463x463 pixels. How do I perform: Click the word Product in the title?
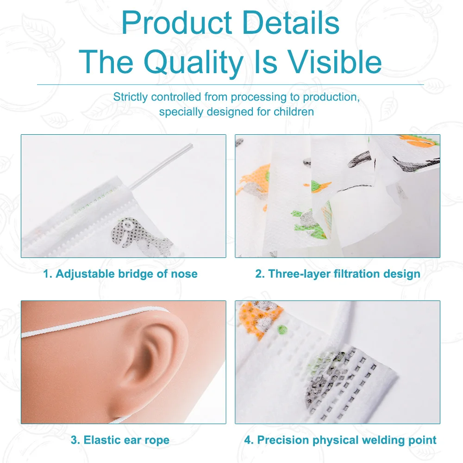pyautogui.click(x=177, y=23)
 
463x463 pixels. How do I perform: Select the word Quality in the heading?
pyautogui.click(x=194, y=63)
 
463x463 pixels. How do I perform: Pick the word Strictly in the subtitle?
pyautogui.click(x=130, y=97)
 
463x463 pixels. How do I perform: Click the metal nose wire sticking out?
pyautogui.click(x=161, y=166)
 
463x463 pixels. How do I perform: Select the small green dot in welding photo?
pyautogui.click(x=282, y=329)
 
